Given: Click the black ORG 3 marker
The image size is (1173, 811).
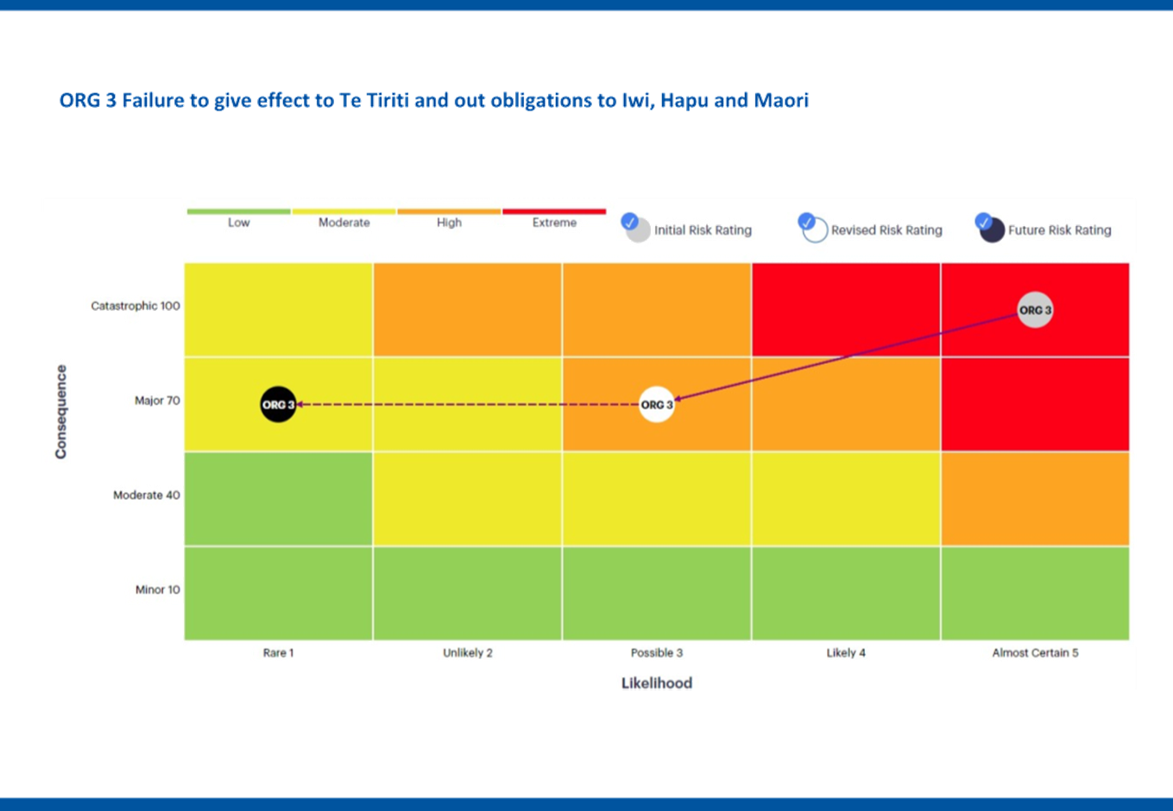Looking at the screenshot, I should [278, 405].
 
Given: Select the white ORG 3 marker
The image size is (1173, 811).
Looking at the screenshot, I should [656, 405].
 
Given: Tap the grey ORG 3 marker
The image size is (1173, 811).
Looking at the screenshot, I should [1035, 311].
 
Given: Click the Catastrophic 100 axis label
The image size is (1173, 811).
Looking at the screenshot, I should [136, 306].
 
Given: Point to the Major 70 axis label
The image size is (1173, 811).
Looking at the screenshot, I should [157, 400].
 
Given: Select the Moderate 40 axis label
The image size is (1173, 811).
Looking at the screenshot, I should [147, 495].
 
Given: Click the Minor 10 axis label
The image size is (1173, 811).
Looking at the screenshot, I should [157, 590].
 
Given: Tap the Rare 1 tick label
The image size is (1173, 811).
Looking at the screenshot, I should [278, 653].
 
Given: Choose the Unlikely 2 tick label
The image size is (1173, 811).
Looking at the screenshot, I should [468, 653].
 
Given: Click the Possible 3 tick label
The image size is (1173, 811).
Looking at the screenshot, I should [656, 653].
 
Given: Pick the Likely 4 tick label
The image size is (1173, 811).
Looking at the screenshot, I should [846, 653].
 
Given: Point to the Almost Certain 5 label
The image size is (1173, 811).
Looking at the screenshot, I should [1035, 653].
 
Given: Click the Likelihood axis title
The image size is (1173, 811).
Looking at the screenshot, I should [657, 683].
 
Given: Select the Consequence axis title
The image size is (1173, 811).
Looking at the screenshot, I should [60, 412].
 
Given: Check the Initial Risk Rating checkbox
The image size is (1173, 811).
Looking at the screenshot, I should [630, 221].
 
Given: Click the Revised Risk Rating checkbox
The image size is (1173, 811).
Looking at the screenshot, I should [807, 221].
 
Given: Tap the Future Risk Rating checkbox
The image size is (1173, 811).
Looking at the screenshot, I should [984, 222].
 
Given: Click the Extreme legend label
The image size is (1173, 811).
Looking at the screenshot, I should [554, 223].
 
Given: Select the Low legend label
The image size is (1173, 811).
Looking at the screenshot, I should [238, 223].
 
